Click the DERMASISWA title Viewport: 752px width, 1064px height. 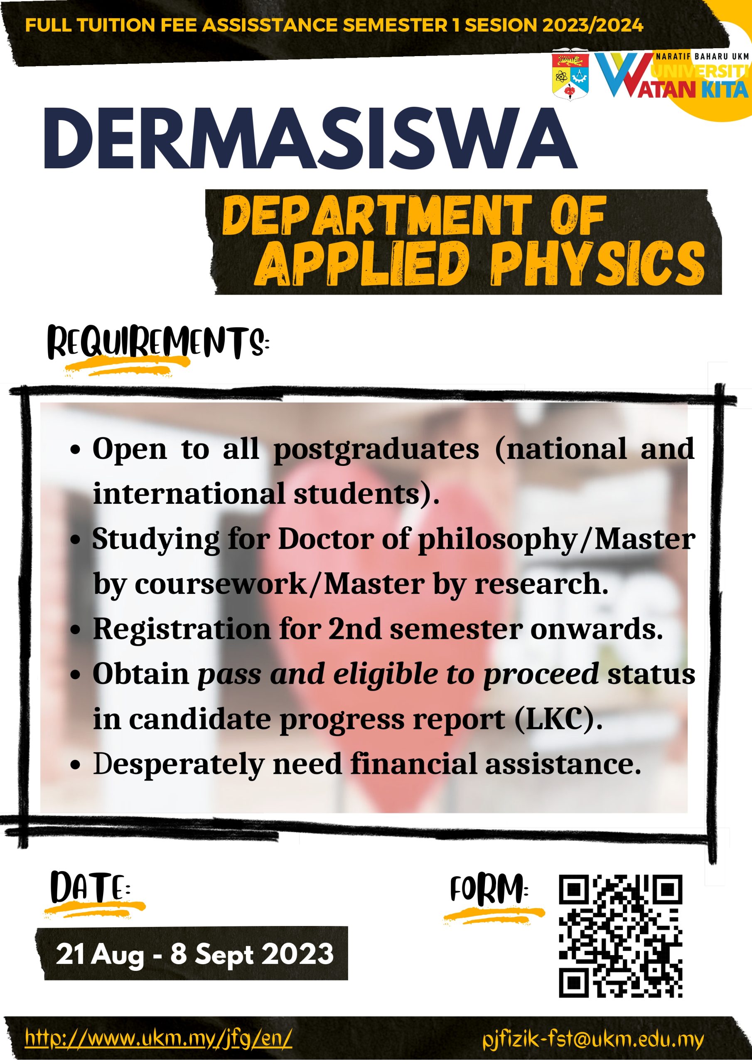310,139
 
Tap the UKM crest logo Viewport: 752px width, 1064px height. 570,76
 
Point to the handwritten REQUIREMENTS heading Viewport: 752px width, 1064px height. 158,343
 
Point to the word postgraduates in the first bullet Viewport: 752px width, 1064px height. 376,450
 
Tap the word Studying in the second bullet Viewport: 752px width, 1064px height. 156,540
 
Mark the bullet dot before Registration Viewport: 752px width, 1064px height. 76,631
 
